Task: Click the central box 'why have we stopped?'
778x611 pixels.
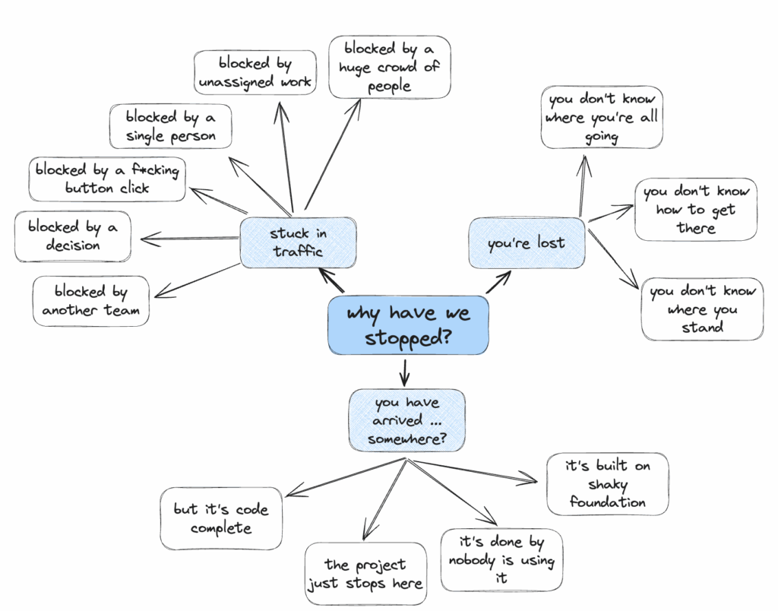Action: [408, 324]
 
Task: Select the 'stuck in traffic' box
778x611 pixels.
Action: [298, 242]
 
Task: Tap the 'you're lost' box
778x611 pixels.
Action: [526, 243]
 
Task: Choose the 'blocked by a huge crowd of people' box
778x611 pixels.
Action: [390, 67]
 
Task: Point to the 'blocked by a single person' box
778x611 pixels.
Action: [170, 126]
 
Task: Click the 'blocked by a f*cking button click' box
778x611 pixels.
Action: [107, 179]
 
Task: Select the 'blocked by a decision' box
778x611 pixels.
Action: [73, 236]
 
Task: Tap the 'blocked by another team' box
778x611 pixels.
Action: [90, 301]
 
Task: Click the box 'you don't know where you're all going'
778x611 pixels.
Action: [602, 117]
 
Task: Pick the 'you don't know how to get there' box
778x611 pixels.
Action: [696, 209]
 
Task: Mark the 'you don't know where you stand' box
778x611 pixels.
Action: [702, 309]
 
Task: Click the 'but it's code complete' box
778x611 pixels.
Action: [221, 518]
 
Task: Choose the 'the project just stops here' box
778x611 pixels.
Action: [365, 574]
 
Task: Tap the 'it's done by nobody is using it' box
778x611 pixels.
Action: [501, 560]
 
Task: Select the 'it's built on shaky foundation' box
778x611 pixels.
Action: [607, 483]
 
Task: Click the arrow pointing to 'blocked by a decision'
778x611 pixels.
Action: [190, 239]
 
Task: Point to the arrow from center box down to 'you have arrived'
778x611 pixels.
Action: [405, 372]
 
